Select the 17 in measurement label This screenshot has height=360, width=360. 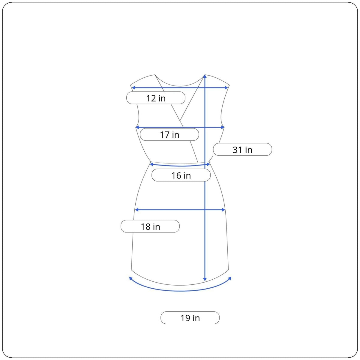[x=169, y=134]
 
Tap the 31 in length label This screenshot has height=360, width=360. [x=242, y=149]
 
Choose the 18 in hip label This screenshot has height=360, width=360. [x=150, y=226]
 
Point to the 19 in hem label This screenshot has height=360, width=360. [x=190, y=318]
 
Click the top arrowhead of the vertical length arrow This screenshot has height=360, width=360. [x=205, y=76]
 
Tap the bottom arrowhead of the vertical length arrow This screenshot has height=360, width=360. [x=205, y=279]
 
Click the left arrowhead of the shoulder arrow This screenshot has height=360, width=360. [x=133, y=88]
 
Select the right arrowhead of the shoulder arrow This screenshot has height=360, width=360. [x=226, y=88]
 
